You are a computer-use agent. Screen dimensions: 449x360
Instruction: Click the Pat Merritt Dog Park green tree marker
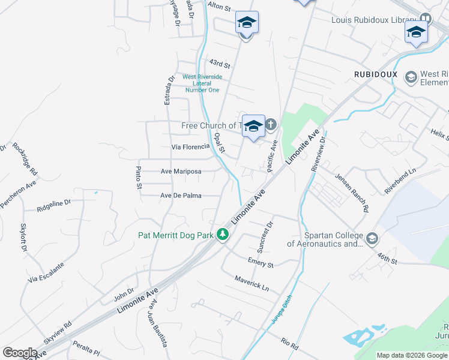(x=223, y=235)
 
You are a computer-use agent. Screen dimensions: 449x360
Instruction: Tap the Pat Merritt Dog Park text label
(x=176, y=236)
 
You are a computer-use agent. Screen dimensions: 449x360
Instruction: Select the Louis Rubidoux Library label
(x=375, y=20)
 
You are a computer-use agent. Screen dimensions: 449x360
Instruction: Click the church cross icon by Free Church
(x=271, y=125)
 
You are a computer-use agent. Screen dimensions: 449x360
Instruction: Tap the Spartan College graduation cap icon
(x=372, y=239)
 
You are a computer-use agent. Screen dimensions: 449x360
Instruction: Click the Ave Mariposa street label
(x=181, y=171)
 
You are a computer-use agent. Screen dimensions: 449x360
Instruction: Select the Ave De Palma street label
(x=181, y=196)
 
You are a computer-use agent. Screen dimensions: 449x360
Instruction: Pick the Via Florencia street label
(x=190, y=146)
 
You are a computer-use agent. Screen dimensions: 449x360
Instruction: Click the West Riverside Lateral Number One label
(x=202, y=83)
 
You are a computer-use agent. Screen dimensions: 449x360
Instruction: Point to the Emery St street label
(x=261, y=262)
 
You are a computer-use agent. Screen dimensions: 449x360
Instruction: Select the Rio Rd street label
(x=289, y=343)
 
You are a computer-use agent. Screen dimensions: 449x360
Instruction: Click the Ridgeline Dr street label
(x=54, y=206)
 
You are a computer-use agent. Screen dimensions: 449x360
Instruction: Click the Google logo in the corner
(x=20, y=353)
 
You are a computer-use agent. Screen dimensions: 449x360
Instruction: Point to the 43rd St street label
(x=220, y=64)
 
